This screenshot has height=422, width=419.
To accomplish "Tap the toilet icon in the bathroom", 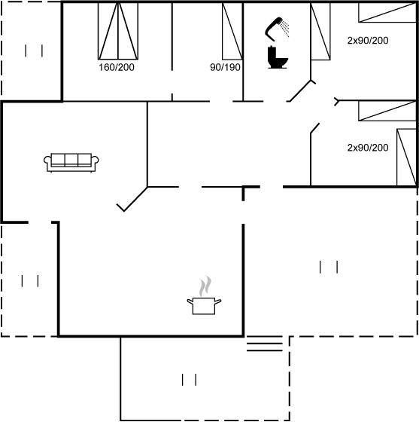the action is (x=277, y=57).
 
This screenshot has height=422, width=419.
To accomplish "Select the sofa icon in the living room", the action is (x=71, y=163).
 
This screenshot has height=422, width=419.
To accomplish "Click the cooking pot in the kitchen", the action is (x=204, y=306).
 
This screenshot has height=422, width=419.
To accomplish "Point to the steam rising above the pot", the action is (x=205, y=286).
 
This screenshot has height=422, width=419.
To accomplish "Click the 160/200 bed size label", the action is (x=117, y=67).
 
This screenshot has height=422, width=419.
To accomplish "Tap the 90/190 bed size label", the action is (x=225, y=67).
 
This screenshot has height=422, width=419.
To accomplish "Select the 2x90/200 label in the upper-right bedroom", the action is (x=368, y=41).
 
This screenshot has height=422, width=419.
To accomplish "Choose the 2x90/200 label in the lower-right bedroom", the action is (x=368, y=148).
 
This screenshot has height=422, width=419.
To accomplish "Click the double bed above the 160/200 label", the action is (x=118, y=31).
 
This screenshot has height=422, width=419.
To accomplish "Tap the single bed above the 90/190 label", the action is (x=232, y=31).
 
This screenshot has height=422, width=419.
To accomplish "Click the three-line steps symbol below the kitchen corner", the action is (x=265, y=344).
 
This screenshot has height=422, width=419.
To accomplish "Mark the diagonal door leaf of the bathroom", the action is (x=302, y=91).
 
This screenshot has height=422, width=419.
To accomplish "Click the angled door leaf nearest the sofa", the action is (x=132, y=199).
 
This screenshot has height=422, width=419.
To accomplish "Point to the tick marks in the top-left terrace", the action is (x=34, y=51).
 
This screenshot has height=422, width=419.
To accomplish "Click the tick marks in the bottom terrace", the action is (x=189, y=380).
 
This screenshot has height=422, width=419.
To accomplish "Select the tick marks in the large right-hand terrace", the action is (x=329, y=267).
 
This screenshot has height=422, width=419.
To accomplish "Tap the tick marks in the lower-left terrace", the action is (x=30, y=280).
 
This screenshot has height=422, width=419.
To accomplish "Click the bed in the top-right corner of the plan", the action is (x=387, y=12).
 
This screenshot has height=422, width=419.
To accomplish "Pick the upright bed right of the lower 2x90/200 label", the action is (x=407, y=157).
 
